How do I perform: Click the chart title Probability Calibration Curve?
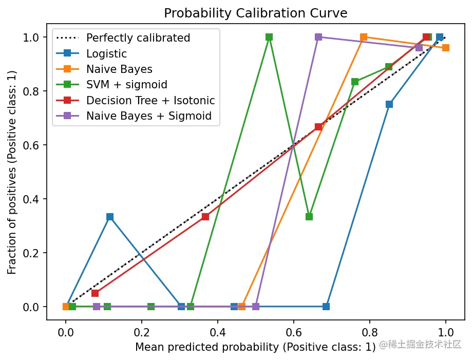click(256, 13)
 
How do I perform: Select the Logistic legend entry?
click(106, 53)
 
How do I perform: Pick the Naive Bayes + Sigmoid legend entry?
click(148, 116)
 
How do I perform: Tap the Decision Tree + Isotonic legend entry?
click(150, 100)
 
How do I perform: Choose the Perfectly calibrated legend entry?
click(138, 38)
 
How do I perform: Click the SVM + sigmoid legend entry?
click(126, 85)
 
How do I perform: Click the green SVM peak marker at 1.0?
click(269, 37)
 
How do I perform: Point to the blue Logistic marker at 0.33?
click(110, 217)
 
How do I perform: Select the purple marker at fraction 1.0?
click(318, 37)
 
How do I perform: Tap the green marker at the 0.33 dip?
click(309, 217)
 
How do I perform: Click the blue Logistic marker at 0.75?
click(389, 104)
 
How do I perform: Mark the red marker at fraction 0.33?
click(205, 217)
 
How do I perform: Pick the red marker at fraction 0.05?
click(95, 293)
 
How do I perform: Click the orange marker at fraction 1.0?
click(364, 37)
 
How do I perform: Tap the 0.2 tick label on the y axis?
click(32, 253)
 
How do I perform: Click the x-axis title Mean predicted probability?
click(255, 347)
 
